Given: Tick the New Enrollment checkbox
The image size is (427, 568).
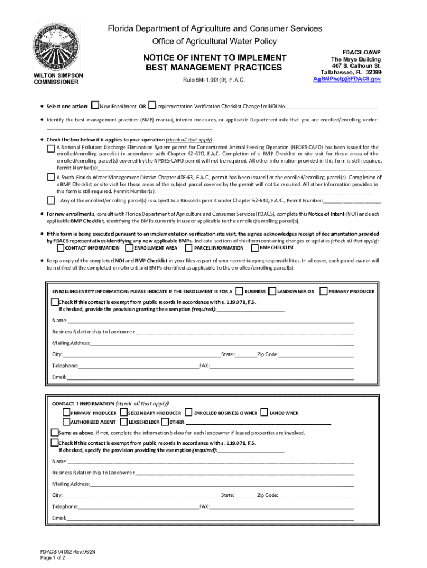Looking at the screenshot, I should [95, 105].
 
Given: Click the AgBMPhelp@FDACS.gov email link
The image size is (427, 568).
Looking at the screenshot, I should [347, 79].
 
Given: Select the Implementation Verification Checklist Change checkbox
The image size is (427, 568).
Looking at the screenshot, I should [152, 105].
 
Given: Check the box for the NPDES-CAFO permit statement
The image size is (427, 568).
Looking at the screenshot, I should [51, 148].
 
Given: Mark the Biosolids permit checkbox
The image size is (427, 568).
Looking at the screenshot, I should [51, 200].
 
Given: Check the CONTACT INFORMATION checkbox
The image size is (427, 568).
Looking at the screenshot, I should [60, 247].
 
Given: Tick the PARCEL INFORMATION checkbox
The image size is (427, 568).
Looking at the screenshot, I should [189, 247].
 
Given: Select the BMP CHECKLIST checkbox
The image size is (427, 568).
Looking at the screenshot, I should [255, 247].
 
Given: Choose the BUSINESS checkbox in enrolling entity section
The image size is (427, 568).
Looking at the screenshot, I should [239, 291].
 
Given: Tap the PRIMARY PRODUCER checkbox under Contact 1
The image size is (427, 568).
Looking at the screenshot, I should [66, 413].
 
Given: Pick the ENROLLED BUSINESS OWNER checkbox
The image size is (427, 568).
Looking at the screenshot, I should [189, 413].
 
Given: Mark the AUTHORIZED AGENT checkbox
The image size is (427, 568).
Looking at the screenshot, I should [66, 422].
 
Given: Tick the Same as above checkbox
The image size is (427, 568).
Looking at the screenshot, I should [54, 433].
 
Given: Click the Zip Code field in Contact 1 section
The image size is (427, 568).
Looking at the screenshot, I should [316, 495].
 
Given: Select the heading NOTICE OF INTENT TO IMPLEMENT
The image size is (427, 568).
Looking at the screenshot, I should [215, 58].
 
